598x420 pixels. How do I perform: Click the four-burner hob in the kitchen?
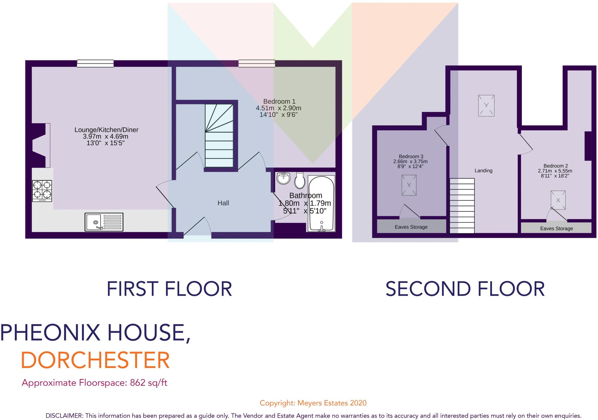(42, 191)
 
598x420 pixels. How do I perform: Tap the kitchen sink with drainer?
(104, 222)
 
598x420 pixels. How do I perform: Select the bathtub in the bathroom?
(321, 203)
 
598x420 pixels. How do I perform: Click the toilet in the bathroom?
(300, 181)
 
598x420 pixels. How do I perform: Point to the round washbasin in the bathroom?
(283, 178)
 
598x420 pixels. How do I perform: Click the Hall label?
(223, 203)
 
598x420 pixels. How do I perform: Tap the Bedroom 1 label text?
(279, 101)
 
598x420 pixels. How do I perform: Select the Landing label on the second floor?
(483, 171)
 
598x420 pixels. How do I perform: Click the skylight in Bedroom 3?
(409, 185)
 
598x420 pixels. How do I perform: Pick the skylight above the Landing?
(486, 105)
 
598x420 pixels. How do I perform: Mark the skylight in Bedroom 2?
(558, 200)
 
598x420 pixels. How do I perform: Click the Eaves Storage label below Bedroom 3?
(411, 227)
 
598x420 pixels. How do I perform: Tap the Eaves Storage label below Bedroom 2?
(556, 229)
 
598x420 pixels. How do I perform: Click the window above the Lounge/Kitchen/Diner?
(95, 63)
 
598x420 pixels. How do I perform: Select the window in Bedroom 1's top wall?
(257, 63)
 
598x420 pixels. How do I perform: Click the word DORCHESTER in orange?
(95, 360)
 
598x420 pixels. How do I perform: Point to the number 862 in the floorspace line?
(138, 383)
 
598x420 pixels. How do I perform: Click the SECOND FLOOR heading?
(465, 289)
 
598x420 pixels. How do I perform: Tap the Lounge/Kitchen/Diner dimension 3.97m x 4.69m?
(105, 136)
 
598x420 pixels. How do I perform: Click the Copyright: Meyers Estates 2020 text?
(313, 403)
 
